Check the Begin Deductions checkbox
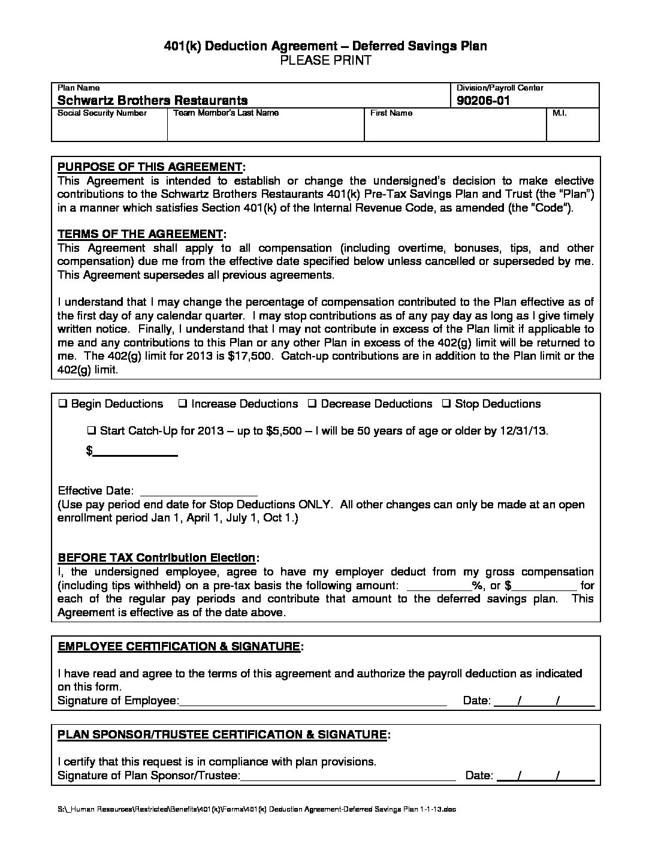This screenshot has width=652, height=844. [62, 404]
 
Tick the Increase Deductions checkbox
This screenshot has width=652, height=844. [183, 404]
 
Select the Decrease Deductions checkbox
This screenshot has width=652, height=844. [312, 404]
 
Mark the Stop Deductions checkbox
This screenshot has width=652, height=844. [446, 404]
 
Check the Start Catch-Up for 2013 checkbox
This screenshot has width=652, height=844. [92, 431]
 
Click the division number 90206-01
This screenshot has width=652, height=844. [482, 101]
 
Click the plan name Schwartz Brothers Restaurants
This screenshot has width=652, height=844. [152, 101]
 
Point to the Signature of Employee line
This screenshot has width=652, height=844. [313, 701]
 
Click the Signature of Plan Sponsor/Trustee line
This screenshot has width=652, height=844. [348, 776]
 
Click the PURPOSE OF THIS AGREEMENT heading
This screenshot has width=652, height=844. [150, 167]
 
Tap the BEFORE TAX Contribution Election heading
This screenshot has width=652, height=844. [156, 558]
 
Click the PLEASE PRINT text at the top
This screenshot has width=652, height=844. [325, 60]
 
